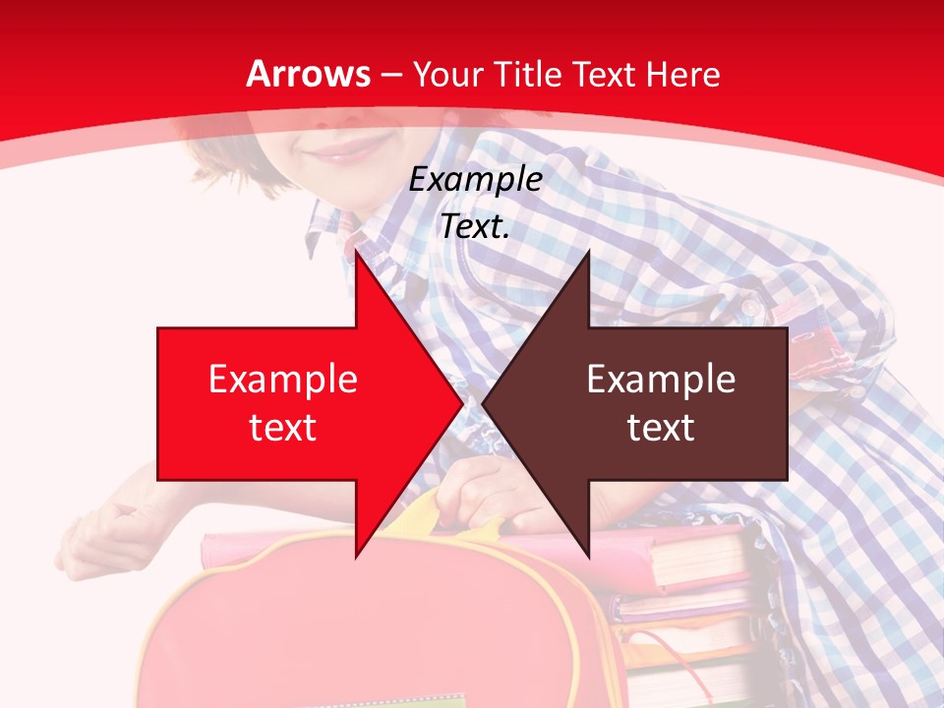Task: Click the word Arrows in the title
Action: click(308, 75)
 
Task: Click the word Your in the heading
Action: click(446, 75)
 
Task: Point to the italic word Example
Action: click(475, 180)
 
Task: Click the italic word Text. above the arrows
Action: click(475, 227)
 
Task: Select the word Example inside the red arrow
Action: click(282, 380)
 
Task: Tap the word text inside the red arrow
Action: click(282, 428)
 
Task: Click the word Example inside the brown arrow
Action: click(661, 380)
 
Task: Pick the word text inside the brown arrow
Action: click(661, 428)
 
